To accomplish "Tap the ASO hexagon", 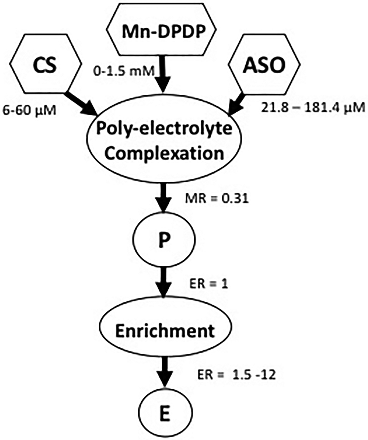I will tap(264, 65).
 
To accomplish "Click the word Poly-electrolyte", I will tap(164, 128).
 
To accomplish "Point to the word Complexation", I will tap(164, 153).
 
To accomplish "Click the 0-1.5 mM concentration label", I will tap(124, 71).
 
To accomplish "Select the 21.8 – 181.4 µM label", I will tap(313, 108).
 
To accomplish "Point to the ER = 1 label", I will tap(209, 284).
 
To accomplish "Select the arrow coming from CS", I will tap(82, 104).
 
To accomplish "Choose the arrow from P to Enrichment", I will tap(164, 282).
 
